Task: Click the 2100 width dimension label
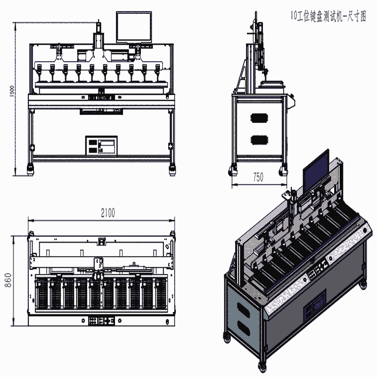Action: pos(108,213)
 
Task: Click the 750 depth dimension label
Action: pos(258,177)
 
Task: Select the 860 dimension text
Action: pos(8,280)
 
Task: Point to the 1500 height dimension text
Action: pos(12,91)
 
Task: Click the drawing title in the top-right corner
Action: pos(328,16)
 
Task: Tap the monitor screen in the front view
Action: pos(134,27)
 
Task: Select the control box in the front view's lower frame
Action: pos(101,146)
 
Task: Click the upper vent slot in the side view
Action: pos(260,118)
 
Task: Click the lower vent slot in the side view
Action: pos(260,140)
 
